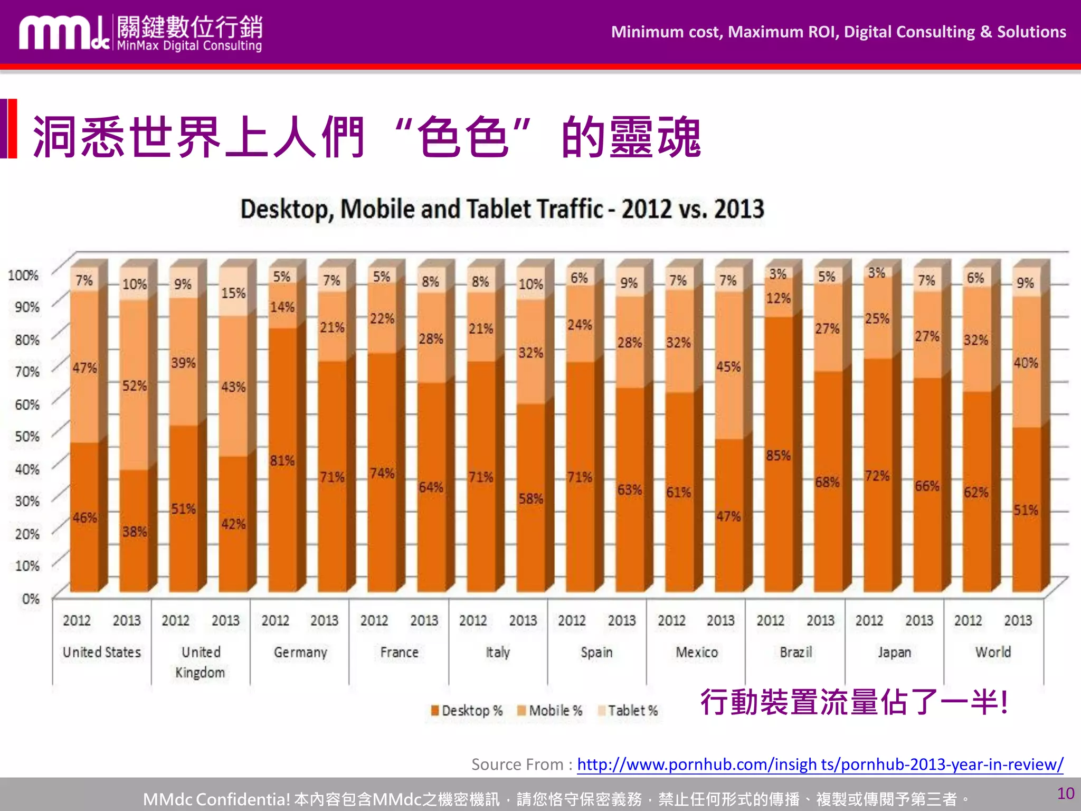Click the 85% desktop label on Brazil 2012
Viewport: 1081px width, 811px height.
click(778, 456)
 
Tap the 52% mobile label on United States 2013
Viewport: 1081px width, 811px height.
click(134, 386)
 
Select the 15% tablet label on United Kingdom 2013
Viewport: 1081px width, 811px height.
click(233, 293)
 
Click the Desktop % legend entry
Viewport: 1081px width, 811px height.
click(467, 711)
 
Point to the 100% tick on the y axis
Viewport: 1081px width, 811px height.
click(23, 275)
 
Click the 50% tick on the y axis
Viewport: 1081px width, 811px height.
click(27, 437)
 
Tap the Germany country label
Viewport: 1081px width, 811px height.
click(300, 653)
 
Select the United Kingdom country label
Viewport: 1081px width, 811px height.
click(201, 662)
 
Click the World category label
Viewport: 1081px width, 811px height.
click(993, 653)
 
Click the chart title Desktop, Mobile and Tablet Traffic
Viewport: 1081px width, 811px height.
click(502, 209)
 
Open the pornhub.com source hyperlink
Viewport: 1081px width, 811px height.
click(820, 764)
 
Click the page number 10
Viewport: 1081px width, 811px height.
click(1065, 793)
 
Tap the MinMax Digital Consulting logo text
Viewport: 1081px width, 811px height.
click(189, 46)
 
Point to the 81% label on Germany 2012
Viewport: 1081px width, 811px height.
click(282, 461)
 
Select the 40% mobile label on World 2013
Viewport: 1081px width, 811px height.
click(1025, 363)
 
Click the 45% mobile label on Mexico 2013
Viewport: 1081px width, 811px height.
click(728, 367)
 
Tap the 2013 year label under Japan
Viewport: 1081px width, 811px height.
click(919, 620)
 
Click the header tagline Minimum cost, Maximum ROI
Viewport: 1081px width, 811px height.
click(838, 32)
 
